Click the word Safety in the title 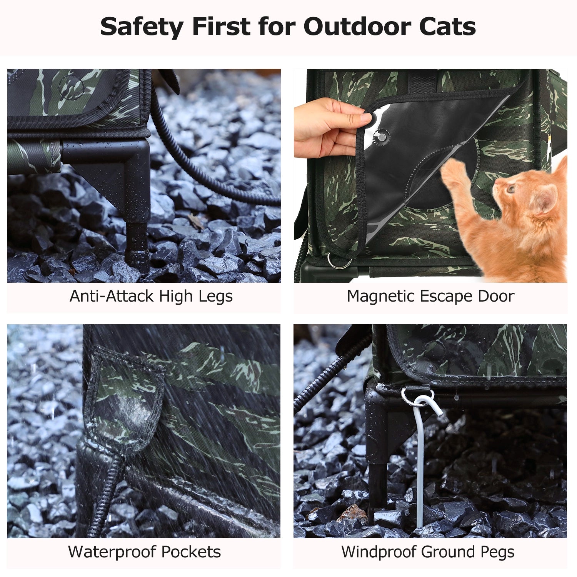pyautogui.click(x=142, y=27)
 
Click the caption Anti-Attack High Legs pyautogui.click(x=151, y=297)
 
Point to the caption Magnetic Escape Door pyautogui.click(x=430, y=297)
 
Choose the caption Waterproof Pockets pyautogui.click(x=145, y=552)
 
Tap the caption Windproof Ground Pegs pyautogui.click(x=428, y=552)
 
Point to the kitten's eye pyautogui.click(x=511, y=189)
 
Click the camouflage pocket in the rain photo pyautogui.click(x=125, y=400)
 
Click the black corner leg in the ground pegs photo pyautogui.click(x=379, y=442)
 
